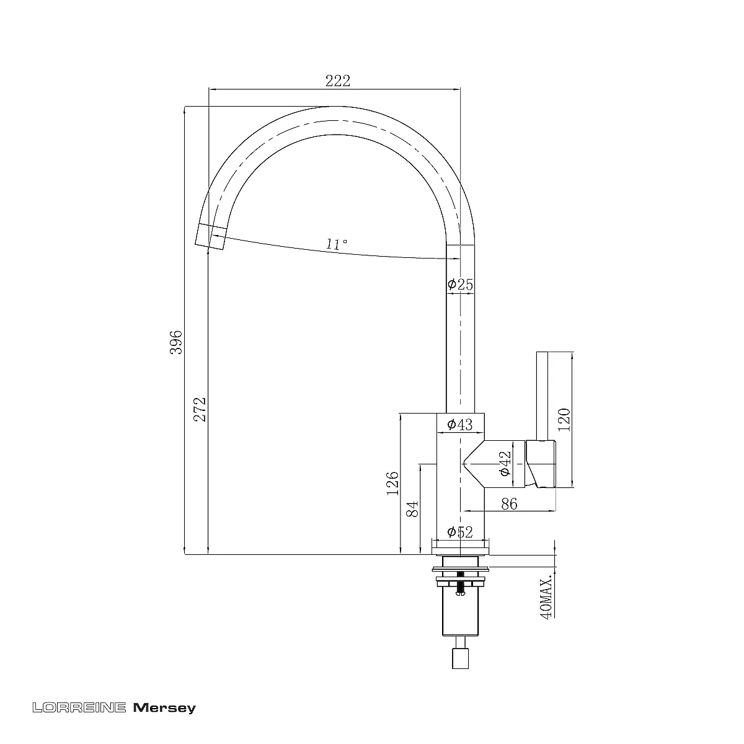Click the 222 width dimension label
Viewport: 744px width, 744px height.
(337, 81)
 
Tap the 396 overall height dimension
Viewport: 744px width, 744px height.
(176, 342)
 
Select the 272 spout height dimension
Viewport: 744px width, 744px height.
(200, 409)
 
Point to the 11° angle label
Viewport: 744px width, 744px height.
(337, 244)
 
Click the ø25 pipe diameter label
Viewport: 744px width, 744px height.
(460, 285)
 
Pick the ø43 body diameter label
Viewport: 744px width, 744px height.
(459, 425)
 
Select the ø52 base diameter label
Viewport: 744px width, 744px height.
(460, 532)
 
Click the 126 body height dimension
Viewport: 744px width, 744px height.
(392, 484)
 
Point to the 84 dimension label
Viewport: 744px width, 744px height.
(412, 509)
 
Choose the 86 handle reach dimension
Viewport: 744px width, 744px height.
(509, 504)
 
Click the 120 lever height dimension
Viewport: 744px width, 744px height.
(564, 420)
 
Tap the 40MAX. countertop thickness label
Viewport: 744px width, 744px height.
(546, 599)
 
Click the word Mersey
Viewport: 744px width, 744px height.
(164, 707)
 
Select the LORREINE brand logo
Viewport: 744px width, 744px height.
(79, 707)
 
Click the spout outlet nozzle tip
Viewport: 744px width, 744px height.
(210, 237)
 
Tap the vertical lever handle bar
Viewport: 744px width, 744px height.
(542, 396)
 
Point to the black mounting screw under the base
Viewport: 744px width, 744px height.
(459, 588)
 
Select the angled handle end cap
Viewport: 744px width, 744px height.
(541, 463)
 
